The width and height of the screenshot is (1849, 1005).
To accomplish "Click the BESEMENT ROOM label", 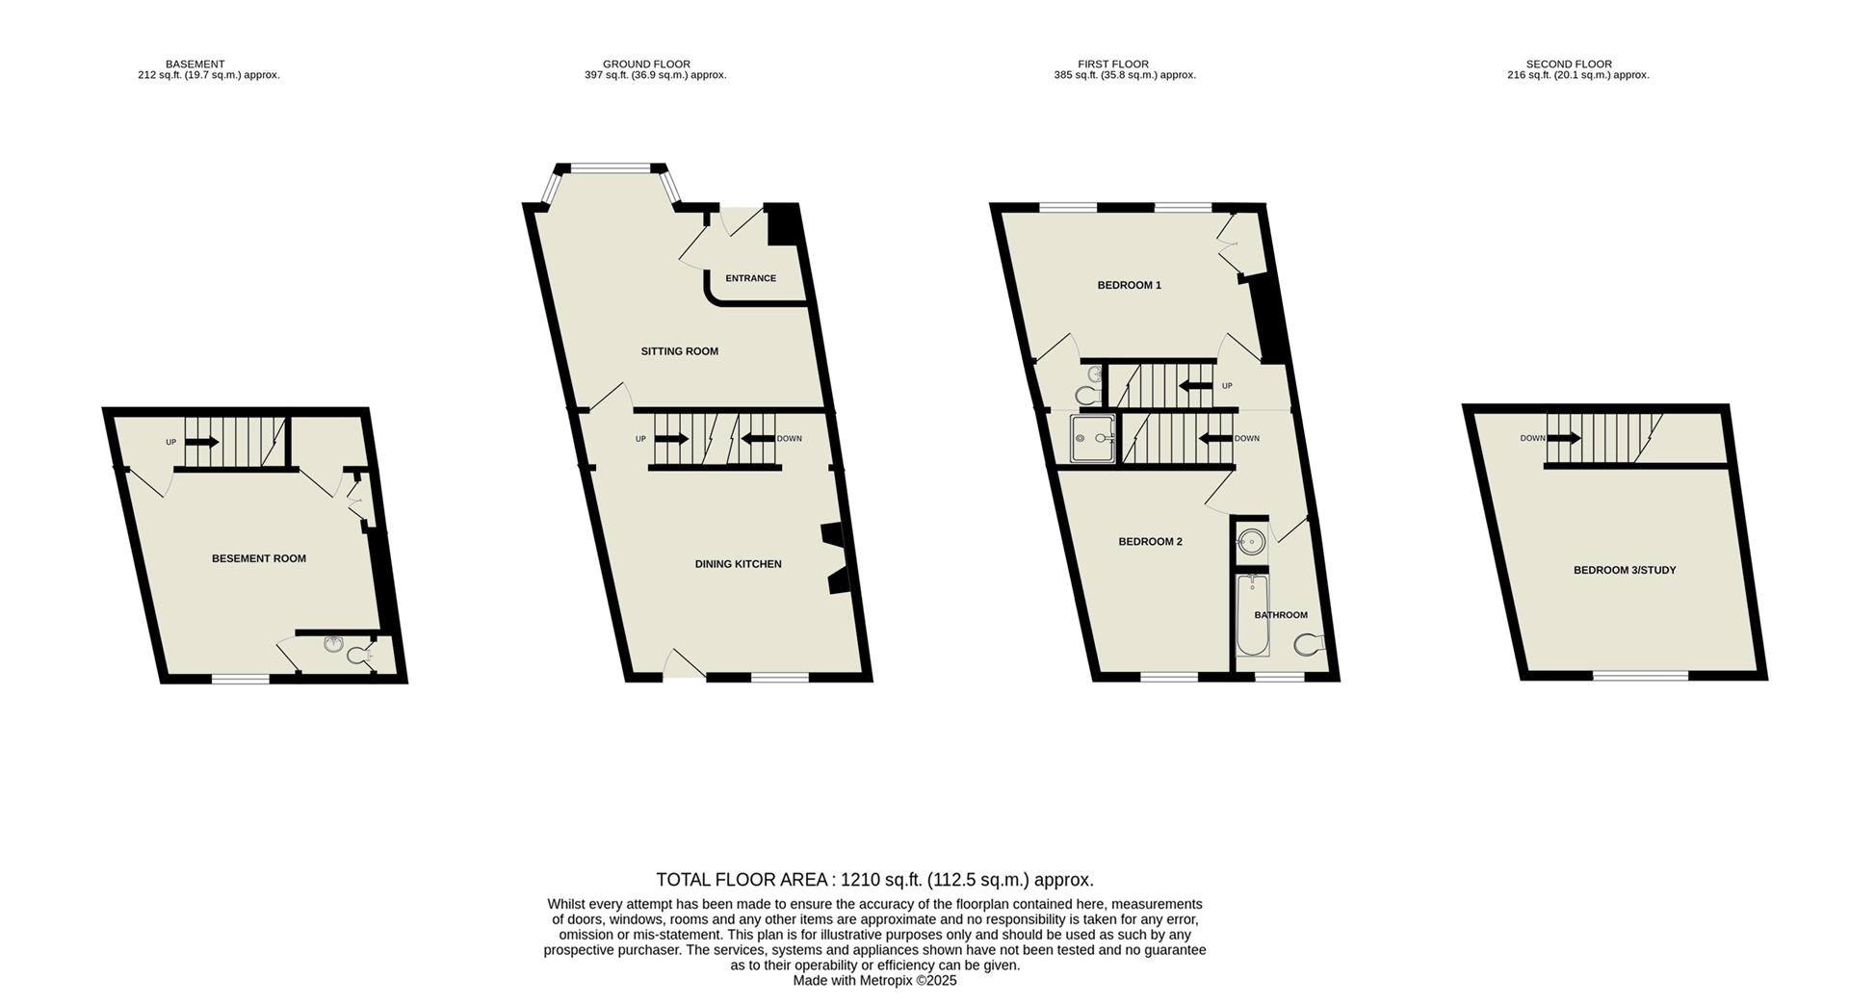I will tap(258, 558).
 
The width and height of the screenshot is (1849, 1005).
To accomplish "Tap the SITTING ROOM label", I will tap(679, 351).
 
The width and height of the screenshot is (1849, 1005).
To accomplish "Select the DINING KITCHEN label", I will tap(738, 564).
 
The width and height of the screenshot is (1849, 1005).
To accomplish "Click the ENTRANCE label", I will tap(750, 278).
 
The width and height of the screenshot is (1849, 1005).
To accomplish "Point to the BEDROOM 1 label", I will tap(1129, 285).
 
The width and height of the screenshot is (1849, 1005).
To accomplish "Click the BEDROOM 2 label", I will tap(1150, 542).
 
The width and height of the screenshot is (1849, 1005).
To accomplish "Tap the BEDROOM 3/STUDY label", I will tap(1625, 570).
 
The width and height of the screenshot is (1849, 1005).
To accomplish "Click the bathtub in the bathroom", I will tap(1252, 616).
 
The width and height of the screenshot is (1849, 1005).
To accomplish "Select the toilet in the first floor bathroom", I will tap(1309, 644).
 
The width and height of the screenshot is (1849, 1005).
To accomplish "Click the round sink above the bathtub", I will tap(1251, 542).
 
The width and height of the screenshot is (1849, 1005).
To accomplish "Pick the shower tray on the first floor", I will tap(1092, 439).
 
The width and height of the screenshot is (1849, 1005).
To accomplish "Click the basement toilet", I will tap(358, 657).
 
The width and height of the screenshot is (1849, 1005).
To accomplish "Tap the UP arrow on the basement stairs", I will tap(201, 442).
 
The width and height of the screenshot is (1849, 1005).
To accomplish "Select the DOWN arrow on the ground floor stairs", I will tap(758, 439).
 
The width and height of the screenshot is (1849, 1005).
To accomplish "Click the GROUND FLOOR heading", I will tap(646, 64).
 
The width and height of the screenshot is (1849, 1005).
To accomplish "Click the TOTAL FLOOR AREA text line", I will tap(874, 879).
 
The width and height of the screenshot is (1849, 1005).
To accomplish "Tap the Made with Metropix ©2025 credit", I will tap(874, 980).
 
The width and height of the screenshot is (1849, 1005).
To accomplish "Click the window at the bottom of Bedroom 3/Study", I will tap(1640, 676).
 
